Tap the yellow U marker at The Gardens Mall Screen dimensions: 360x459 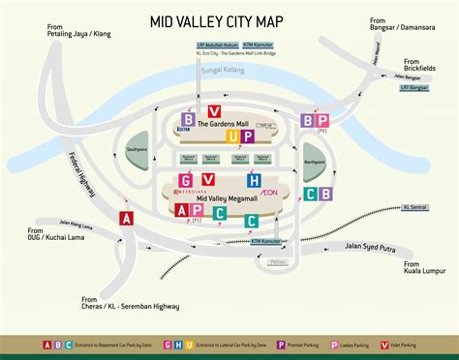232,136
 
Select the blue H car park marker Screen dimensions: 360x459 254,180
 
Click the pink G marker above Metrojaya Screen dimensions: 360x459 182,180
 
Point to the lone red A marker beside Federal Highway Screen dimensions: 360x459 125,219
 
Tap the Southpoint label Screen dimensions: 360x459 138,150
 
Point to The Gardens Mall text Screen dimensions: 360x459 222,124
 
